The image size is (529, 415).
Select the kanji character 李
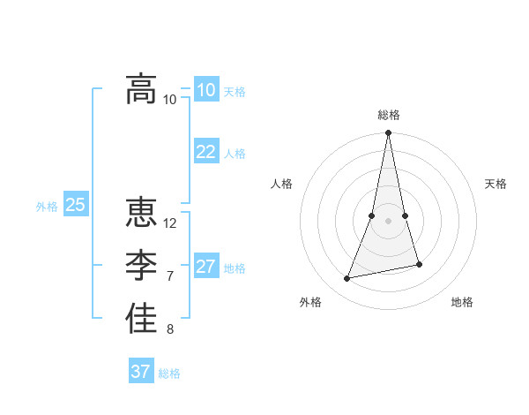click(x=141, y=266)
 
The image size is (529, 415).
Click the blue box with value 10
click(x=205, y=90)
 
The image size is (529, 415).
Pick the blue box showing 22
click(x=205, y=152)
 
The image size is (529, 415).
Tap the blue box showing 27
click(x=205, y=267)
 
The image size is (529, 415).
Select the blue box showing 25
click(x=75, y=205)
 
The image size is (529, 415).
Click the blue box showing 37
click(x=140, y=372)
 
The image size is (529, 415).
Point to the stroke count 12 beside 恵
click(x=170, y=223)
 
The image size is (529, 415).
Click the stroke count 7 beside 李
click(x=170, y=276)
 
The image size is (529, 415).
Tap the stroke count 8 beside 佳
click(x=170, y=330)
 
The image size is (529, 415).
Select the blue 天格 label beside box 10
click(x=235, y=92)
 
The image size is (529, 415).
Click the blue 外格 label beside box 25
click(x=47, y=207)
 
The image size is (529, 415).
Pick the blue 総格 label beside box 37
click(x=169, y=373)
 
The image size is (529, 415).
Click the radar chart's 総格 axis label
click(x=388, y=115)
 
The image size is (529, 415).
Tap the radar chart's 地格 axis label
click(x=462, y=302)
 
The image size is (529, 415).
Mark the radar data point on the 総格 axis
click(x=388, y=133)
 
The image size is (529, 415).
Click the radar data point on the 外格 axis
click(x=347, y=279)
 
